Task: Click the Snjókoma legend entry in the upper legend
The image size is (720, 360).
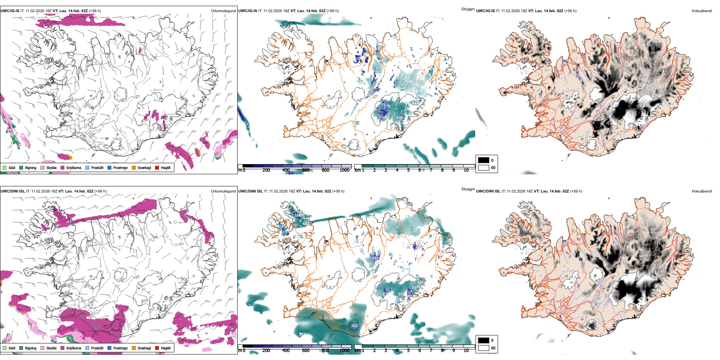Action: click(74, 167)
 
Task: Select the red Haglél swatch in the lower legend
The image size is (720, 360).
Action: click(157, 348)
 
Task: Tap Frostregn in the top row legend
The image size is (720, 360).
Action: click(120, 167)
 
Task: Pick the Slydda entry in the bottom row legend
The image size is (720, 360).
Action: click(51, 348)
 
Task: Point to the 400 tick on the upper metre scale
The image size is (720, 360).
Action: click(286, 170)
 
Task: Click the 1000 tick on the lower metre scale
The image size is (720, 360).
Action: click(344, 351)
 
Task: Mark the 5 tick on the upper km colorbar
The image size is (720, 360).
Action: click(408, 170)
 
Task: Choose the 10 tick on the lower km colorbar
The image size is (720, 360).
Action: click(466, 351)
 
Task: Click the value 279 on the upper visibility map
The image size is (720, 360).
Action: click(387, 106)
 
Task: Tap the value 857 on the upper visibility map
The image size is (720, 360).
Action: click(419, 91)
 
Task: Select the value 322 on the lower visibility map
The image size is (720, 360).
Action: click(355, 326)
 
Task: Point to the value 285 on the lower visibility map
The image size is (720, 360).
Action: click(376, 258)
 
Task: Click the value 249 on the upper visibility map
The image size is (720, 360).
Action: click(399, 117)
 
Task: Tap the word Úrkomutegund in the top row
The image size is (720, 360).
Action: click(223, 11)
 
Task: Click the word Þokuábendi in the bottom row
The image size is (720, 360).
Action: click(702, 191)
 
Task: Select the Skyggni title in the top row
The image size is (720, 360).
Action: click(468, 9)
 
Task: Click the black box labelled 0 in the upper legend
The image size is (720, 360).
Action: click(484, 160)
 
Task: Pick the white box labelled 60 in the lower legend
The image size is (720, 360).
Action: click(484, 348)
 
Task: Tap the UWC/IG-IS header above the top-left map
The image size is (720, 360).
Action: click(10, 11)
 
